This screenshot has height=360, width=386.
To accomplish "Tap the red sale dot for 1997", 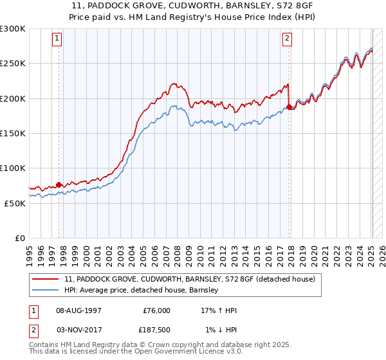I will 59,184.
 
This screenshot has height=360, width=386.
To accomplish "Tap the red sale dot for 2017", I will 289,107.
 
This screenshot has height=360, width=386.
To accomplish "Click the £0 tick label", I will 19,238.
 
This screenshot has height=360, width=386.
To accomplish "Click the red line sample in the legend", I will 46,280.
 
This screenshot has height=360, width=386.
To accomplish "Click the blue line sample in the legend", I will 46,291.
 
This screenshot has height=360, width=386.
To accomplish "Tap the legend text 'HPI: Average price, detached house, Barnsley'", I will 142,291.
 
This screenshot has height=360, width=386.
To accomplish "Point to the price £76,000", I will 156,310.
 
